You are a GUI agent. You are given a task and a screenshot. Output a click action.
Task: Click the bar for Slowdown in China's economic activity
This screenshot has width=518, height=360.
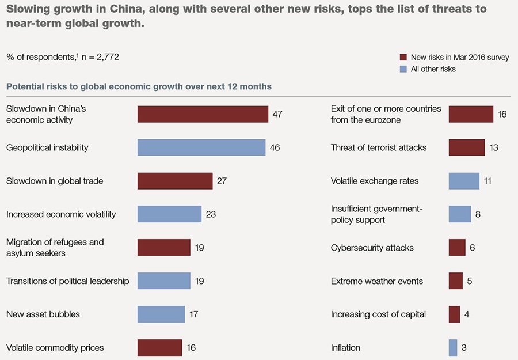click(203, 114)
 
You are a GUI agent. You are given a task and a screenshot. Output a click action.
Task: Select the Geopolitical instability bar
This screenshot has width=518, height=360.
click(201, 147)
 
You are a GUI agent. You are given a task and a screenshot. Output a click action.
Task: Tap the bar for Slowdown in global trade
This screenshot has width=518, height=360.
click(175, 181)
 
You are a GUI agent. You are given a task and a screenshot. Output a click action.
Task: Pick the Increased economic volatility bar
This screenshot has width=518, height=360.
click(169, 214)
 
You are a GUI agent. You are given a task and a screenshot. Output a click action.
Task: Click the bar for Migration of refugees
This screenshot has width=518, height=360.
click(164, 248)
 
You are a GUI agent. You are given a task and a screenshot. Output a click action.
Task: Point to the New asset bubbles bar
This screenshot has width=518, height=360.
click(161, 314)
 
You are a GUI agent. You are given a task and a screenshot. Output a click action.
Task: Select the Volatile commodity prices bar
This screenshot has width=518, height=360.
click(159, 348)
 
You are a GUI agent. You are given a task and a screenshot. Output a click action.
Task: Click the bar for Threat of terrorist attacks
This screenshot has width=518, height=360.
click(467, 147)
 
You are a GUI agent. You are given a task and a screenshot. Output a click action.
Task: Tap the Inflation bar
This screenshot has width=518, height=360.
click(453, 348)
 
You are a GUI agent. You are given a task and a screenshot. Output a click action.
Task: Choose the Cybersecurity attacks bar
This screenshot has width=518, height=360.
click(457, 248)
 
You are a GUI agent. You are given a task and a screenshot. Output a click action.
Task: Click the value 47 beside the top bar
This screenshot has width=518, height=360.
click(277, 114)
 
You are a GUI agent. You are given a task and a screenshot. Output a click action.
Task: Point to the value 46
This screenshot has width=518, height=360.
click(275, 147)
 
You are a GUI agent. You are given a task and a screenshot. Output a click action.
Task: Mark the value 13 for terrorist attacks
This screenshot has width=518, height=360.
click(493, 147)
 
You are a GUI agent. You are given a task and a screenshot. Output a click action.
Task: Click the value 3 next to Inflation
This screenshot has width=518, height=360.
click(464, 348)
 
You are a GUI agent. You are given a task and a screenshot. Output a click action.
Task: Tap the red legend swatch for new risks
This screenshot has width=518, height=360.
click(403, 58)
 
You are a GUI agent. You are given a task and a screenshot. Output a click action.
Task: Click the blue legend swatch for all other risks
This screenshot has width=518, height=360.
click(403, 69)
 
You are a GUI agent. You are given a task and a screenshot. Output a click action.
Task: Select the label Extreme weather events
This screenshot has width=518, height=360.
click(377, 281)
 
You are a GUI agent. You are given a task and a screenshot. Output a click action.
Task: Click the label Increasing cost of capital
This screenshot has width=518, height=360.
click(378, 314)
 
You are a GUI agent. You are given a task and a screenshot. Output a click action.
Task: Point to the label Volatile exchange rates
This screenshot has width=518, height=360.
click(375, 181)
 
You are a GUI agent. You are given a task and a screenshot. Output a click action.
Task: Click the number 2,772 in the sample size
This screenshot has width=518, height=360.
click(107, 57)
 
